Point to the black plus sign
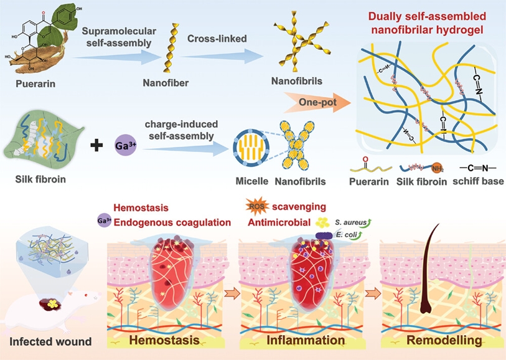tap(96, 147)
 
